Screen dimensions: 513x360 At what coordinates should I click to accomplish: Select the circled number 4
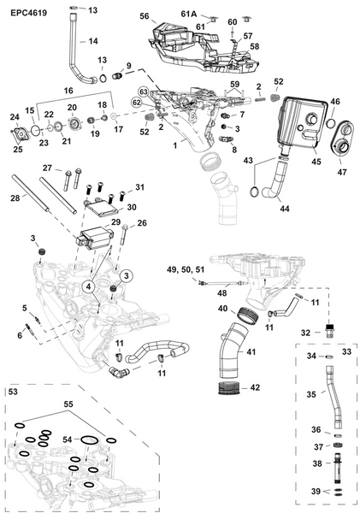tap(89, 286)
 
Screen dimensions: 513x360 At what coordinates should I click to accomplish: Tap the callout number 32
tap(305, 333)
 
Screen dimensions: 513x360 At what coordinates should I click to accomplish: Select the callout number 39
tap(316, 492)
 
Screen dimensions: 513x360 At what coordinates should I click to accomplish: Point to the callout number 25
tap(17, 150)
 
